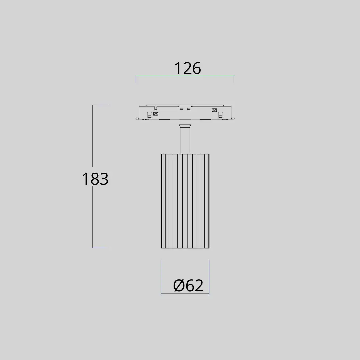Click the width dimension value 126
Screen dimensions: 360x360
[x=188, y=68]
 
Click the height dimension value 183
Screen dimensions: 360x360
[x=95, y=179]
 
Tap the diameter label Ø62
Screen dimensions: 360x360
[x=188, y=286]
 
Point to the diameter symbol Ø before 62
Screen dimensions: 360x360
[x=179, y=286]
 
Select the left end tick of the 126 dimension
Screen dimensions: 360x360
[x=136, y=79]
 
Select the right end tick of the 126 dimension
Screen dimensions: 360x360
[x=234, y=79]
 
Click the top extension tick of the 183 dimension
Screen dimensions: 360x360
[x=100, y=105]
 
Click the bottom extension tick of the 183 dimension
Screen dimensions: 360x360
[x=100, y=248]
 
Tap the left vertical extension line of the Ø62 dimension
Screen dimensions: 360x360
[x=161, y=277]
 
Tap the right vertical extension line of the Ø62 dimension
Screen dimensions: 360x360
[x=209, y=277]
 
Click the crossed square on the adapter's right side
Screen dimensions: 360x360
[x=214, y=110]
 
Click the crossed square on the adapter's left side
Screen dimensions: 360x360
[x=156, y=114]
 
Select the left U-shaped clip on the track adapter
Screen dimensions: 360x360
[x=149, y=115]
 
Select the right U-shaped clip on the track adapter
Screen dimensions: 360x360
[x=220, y=115]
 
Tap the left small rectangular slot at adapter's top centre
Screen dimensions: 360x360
[x=182, y=108]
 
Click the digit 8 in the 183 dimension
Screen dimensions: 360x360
[x=95, y=179]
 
